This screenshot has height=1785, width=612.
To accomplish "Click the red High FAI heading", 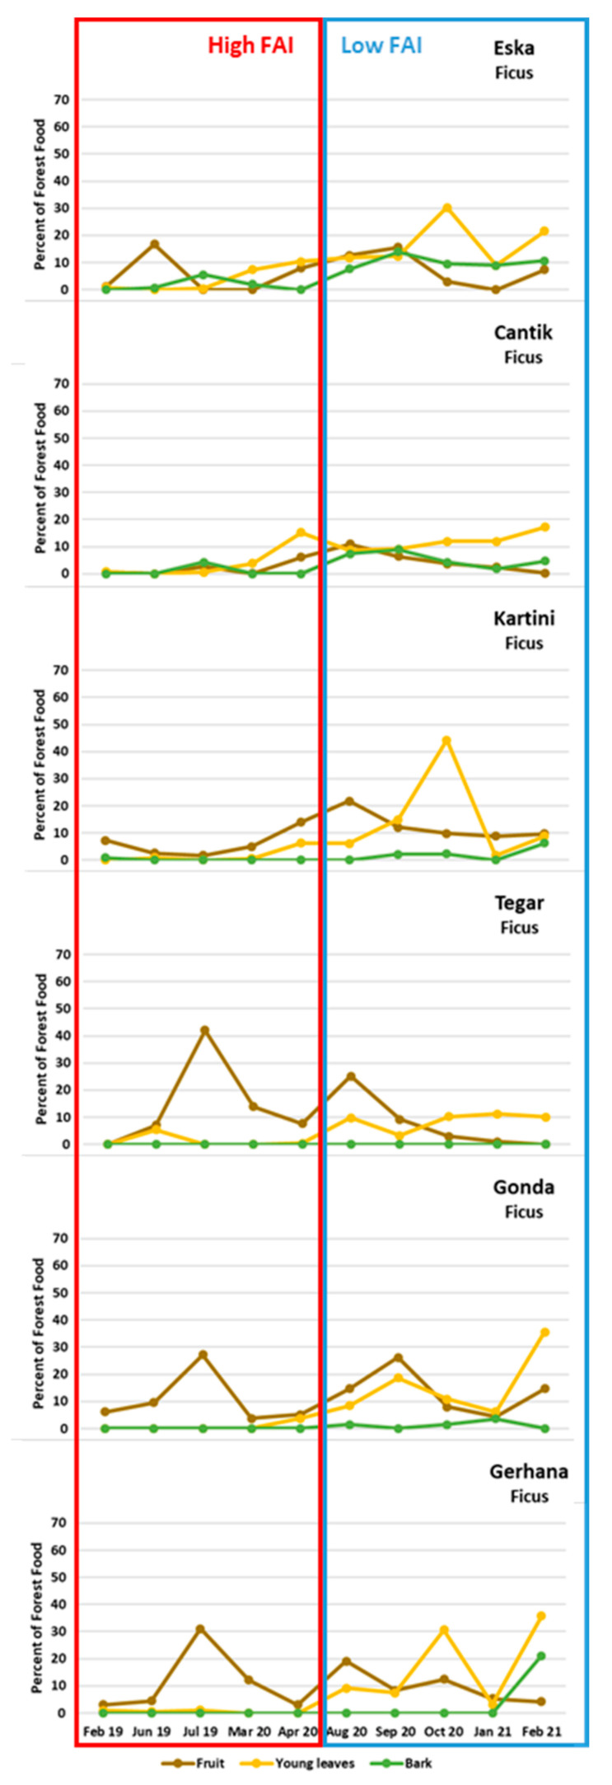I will pos(250,45).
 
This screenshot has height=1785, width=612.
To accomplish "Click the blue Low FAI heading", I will pos(381,45).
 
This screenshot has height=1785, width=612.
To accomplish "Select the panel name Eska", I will pos(514,48).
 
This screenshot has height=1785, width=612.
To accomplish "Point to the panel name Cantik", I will pos(523,332).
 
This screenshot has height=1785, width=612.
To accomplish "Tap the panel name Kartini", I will pos(524,618).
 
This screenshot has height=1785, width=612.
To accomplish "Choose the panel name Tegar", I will pos(519,902).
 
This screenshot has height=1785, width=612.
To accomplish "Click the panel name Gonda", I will pos(523,1187).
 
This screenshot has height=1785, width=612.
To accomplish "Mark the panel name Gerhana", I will pos(529,1471).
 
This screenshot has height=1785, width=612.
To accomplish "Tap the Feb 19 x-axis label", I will pos(104,1732).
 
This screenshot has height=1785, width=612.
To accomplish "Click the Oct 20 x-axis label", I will pos(444,1732).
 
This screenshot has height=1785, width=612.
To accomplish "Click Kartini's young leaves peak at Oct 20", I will pos(446,740).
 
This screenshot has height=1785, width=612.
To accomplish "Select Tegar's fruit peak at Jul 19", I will pos(204,1030).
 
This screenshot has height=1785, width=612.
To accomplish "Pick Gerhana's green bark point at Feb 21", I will pos(541,1656).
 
